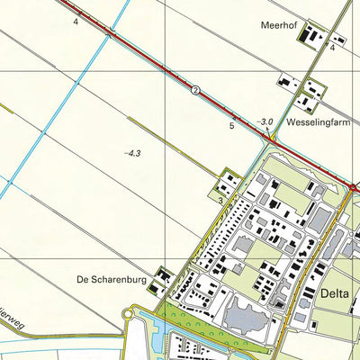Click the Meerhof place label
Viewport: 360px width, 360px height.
pyautogui.click(x=280, y=25)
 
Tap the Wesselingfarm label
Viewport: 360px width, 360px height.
pyautogui.click(x=316, y=120)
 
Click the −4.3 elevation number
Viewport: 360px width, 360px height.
pyautogui.click(x=134, y=154)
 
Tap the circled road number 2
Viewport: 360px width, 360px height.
pyautogui.click(x=193, y=89)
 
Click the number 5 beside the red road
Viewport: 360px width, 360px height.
pyautogui.click(x=231, y=127)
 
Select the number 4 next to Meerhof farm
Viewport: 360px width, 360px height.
pyautogui.click(x=332, y=48)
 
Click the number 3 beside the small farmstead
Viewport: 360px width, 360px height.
pyautogui.click(x=220, y=199)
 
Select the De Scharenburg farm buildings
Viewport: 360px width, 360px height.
pyautogui.click(x=163, y=275)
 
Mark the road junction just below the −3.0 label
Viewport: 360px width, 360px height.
pyautogui.click(x=271, y=139)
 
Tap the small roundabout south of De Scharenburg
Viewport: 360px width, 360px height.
pyautogui.click(x=130, y=312)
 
